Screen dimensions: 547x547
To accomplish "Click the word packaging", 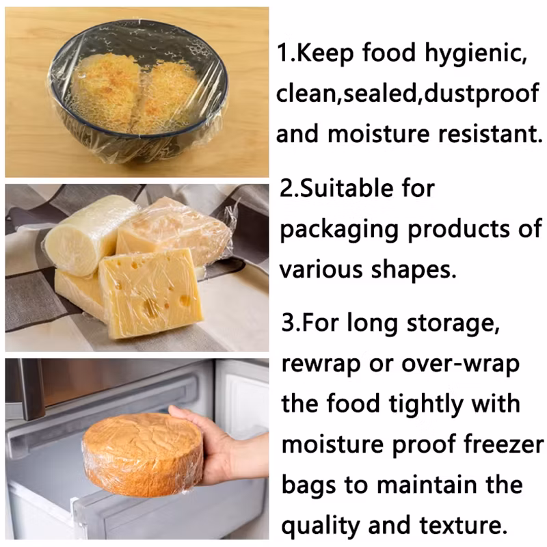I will click(340, 229).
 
